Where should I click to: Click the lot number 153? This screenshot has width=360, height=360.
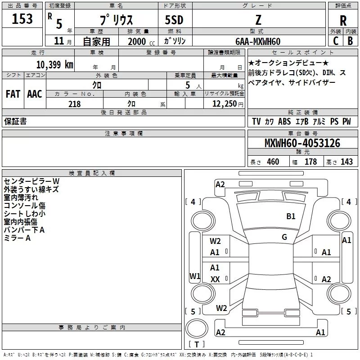click(22, 19)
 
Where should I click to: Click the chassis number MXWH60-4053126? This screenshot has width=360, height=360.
click(302, 144)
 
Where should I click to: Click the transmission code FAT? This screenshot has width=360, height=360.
click(13, 94)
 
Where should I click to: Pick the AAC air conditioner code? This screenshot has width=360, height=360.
click(34, 94)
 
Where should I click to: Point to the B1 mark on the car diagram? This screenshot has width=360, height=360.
click(291, 216)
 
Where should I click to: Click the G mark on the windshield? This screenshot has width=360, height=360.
click(284, 237)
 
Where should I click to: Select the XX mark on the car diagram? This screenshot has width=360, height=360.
click(215, 279)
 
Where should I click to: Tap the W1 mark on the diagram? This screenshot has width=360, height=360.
click(195, 276)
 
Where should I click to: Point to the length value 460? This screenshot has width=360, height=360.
click(273, 162)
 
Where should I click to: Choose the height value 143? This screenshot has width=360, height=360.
click(346, 162)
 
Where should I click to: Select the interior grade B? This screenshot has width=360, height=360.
click(350, 41)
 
